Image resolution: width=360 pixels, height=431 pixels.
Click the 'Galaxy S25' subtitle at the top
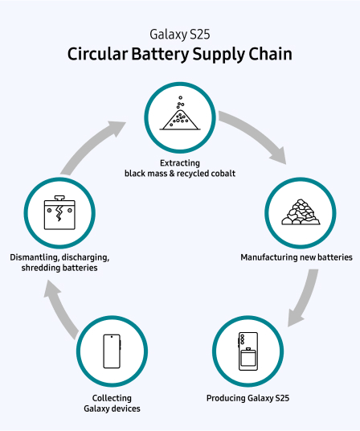(180, 35)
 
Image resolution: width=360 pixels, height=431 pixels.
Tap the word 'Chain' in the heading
(268, 55)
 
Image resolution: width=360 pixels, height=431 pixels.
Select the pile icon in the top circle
(179, 115)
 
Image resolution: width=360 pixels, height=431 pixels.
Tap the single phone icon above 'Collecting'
(111, 351)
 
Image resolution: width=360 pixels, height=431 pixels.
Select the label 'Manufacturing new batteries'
(297, 257)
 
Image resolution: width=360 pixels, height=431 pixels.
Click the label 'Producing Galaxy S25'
(247, 398)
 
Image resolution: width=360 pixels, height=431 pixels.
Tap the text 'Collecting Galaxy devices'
(111, 403)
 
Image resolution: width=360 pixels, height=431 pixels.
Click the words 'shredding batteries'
(60, 268)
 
